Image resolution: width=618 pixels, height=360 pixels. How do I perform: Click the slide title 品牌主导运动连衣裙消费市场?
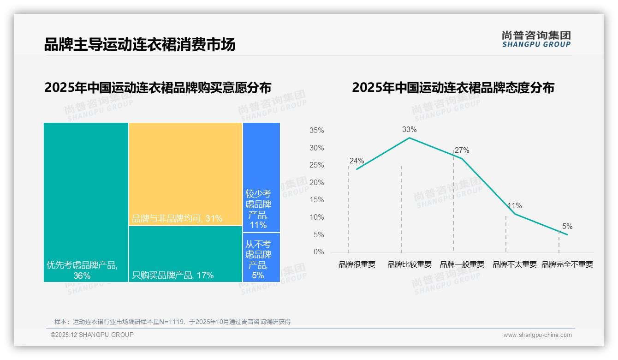[x=139, y=45]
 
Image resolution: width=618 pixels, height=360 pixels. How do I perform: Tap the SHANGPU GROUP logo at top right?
[x=536, y=39]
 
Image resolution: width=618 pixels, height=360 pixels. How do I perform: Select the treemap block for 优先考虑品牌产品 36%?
[x=86, y=202]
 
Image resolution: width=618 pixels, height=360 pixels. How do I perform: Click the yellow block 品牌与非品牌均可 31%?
[x=185, y=174]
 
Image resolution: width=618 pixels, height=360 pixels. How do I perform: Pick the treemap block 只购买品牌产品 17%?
[x=185, y=254]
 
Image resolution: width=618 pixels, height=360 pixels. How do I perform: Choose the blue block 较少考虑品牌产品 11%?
[x=261, y=177]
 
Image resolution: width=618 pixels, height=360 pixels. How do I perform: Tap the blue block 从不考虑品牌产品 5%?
[x=261, y=258]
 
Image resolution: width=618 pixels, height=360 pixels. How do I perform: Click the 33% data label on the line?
[x=409, y=129]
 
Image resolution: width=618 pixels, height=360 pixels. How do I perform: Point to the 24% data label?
[x=357, y=161]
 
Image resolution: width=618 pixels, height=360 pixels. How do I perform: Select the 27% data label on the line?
[x=462, y=150]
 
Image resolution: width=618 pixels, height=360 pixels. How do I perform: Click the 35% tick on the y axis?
[x=316, y=131]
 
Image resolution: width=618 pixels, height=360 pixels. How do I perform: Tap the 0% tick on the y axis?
[x=319, y=252]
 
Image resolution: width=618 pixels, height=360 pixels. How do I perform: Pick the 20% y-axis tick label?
[x=316, y=183]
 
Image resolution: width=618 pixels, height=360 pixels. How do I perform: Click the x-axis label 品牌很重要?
[x=357, y=264]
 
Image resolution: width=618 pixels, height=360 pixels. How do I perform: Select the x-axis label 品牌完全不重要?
[x=567, y=264]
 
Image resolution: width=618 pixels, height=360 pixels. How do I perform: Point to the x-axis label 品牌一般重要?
[x=462, y=264]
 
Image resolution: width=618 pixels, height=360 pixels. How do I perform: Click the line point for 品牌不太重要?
[x=515, y=214]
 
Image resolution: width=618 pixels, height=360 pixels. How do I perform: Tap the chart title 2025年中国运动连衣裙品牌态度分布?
[x=453, y=88]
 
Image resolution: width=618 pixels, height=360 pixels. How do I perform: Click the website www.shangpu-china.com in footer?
[x=537, y=335]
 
